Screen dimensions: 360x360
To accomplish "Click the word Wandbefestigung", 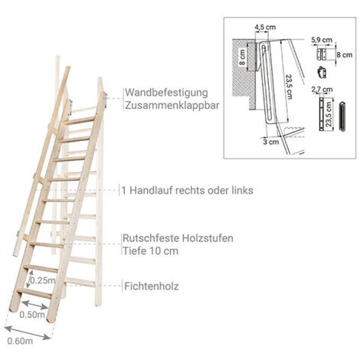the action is click(x=166, y=93).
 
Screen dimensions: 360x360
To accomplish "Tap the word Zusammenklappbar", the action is click(x=172, y=105).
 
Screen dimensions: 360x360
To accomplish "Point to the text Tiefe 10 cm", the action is click(x=150, y=250).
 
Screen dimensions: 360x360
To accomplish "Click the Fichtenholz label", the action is click(x=152, y=286).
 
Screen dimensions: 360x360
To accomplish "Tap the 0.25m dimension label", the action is click(x=43, y=280).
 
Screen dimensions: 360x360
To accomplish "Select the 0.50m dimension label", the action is click(x=32, y=315).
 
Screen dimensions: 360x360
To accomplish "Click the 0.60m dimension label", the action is click(x=20, y=341).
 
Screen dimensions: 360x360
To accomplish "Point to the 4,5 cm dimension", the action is click(x=265, y=28).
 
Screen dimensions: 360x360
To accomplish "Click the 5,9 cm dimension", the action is click(x=322, y=40).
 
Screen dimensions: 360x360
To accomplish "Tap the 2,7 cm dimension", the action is click(x=322, y=90).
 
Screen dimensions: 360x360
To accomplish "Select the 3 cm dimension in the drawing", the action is click(x=271, y=141).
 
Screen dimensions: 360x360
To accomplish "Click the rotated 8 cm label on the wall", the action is click(x=242, y=57).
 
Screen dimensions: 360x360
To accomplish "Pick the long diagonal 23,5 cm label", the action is click(x=290, y=87).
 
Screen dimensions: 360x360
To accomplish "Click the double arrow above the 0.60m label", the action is click(x=28, y=333).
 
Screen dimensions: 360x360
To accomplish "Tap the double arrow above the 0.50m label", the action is click(x=35, y=305).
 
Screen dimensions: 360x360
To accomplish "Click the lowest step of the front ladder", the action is click(x=34, y=293).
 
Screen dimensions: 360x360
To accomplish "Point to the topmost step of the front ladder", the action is click(x=80, y=120).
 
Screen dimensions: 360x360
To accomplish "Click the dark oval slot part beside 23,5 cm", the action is click(x=342, y=116).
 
